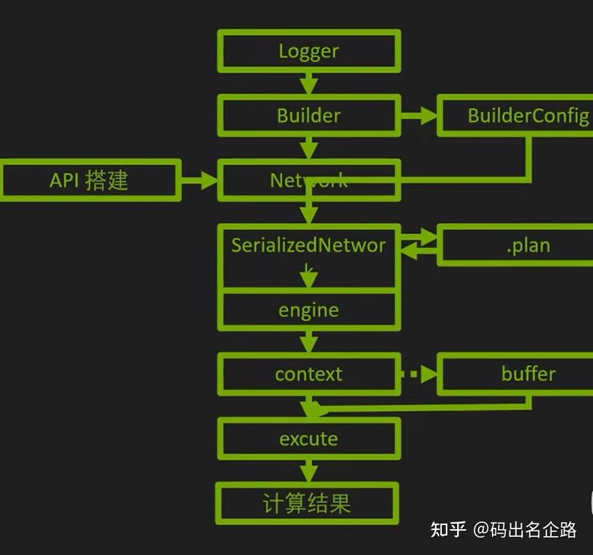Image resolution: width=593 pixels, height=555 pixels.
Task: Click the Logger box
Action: (309, 52)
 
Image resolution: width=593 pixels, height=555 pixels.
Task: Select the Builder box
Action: (309, 116)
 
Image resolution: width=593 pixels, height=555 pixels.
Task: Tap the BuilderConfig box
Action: (516, 116)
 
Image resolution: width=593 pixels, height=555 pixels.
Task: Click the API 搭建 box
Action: (89, 180)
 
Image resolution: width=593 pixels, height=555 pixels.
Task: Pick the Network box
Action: (309, 180)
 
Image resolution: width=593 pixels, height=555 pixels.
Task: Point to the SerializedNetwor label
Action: (309, 245)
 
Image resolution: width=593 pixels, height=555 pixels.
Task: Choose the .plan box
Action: (516, 245)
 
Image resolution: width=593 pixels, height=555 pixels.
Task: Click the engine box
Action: (309, 310)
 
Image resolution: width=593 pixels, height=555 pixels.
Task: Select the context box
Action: (309, 375)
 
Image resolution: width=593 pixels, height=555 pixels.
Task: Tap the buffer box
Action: (516, 375)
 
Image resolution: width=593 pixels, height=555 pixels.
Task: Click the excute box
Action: (309, 439)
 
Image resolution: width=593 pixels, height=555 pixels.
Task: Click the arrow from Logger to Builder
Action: (309, 84)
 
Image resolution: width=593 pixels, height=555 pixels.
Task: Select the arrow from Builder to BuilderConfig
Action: (418, 116)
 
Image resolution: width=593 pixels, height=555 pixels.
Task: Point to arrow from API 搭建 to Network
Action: (199, 180)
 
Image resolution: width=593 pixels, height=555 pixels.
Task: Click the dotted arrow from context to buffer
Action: (419, 375)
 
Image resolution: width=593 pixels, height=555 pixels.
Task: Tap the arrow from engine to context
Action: (309, 342)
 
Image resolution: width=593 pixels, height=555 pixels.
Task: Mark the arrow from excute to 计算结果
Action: (309, 471)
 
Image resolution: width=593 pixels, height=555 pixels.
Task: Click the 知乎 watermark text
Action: (448, 529)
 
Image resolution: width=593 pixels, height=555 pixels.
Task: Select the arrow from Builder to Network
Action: (309, 148)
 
